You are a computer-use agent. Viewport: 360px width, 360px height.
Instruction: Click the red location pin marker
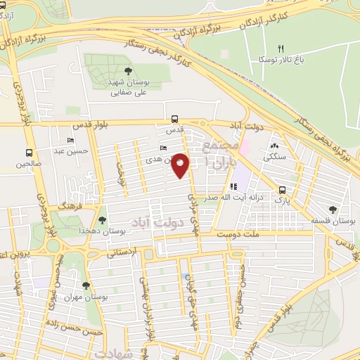click(181, 166)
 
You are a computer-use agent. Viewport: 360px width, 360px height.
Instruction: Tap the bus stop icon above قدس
click(174, 120)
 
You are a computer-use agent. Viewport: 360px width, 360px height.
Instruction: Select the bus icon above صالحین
click(29, 153)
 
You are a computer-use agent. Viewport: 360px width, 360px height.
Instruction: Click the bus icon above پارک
click(282, 190)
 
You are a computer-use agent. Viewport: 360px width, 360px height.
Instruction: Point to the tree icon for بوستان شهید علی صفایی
click(127, 71)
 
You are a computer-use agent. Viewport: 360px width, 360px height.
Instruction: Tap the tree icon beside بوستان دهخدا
click(103, 221)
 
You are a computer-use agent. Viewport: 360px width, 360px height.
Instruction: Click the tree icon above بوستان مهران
click(86, 285)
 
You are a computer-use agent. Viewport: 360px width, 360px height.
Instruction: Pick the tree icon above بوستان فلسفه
click(333, 209)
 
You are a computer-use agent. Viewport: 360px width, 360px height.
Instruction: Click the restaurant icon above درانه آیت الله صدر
click(233, 187)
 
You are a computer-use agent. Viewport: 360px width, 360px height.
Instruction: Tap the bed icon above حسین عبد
click(70, 140)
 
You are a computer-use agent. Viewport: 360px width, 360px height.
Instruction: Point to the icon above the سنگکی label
click(274, 146)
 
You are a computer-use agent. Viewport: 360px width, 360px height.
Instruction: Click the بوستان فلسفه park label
click(333, 221)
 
